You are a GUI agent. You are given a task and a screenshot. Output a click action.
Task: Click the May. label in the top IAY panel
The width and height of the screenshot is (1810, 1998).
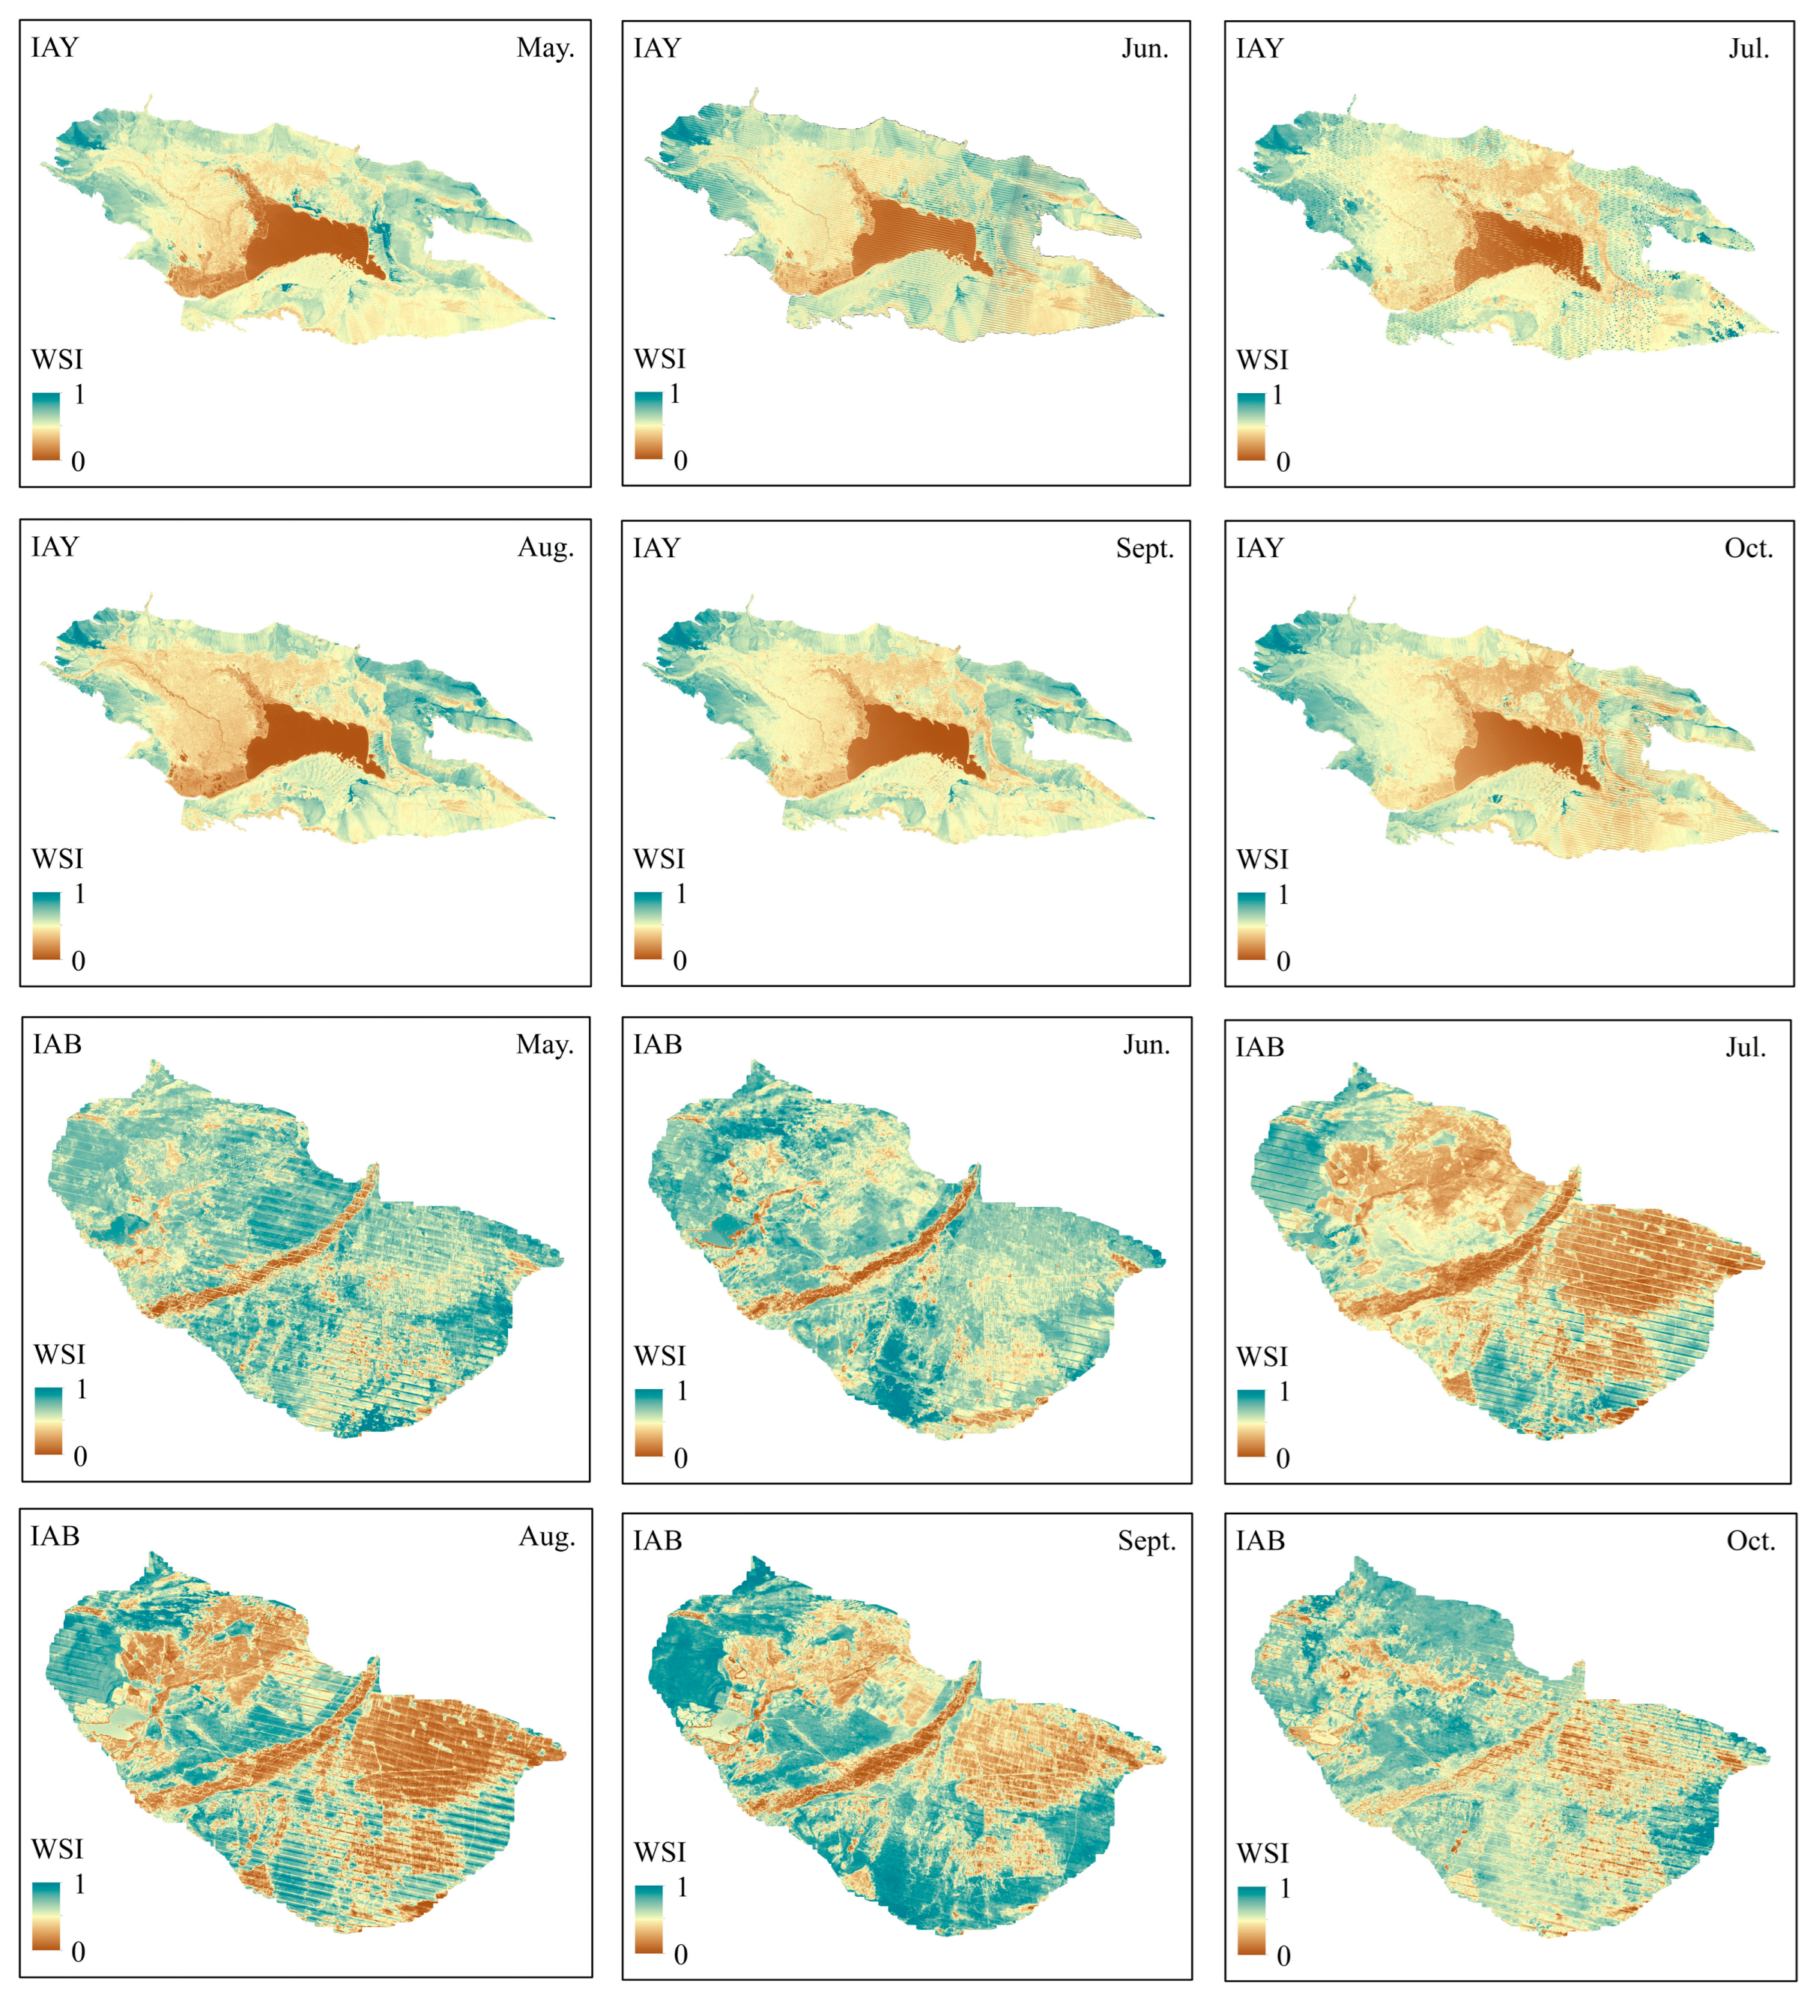[x=544, y=48]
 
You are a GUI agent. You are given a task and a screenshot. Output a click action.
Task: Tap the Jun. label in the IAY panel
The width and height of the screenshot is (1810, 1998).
[x=1145, y=49]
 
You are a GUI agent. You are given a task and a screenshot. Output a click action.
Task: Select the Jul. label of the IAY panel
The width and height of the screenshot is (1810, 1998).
[x=1749, y=49]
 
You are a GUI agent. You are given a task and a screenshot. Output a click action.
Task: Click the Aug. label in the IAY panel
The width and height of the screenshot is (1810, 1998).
[x=545, y=547]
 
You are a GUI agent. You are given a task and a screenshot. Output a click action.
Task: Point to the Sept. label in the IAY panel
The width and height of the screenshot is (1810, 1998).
[x=1145, y=548]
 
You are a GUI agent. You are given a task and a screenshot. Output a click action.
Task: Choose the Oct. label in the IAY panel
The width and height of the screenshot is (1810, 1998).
[x=1749, y=548]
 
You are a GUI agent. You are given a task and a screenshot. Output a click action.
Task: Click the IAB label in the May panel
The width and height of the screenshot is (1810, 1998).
[x=58, y=1044]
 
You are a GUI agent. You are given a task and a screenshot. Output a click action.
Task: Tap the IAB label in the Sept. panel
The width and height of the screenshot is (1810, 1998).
[x=657, y=1540]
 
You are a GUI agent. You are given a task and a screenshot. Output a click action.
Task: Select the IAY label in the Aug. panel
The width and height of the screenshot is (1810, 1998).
[x=55, y=547]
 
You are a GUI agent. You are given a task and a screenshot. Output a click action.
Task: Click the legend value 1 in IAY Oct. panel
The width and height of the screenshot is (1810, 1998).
[x=1283, y=895]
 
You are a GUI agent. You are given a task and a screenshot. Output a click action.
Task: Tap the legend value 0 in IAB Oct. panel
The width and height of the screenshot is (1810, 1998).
[x=1283, y=1956]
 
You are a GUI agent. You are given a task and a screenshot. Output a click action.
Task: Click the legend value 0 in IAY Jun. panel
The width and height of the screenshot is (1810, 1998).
[x=680, y=460]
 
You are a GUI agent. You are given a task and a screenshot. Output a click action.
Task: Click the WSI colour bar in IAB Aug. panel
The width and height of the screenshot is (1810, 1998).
[x=46, y=1916]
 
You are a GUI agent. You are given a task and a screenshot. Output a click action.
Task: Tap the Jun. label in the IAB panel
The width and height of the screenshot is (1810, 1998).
[x=1147, y=1045]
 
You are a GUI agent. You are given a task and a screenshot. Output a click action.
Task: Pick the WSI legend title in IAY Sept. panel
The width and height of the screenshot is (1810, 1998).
[x=659, y=858]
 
